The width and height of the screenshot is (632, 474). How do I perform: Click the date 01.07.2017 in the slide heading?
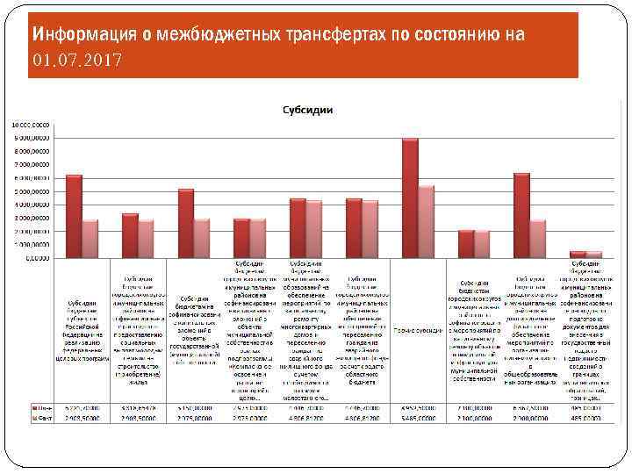[x=78, y=61]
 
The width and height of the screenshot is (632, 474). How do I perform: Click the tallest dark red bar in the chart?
[x=410, y=198]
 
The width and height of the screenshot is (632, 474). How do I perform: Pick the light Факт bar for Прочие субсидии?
[x=427, y=221]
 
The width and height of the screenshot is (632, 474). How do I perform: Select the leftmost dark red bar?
[x=74, y=216]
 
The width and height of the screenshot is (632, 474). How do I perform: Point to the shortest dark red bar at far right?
[x=577, y=255]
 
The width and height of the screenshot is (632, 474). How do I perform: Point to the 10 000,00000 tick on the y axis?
[x=31, y=125]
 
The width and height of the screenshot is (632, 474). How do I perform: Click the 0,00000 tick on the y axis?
[x=36, y=258]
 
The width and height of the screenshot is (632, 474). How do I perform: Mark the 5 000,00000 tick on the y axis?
[x=33, y=191]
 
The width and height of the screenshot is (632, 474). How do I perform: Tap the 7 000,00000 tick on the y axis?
[x=33, y=164]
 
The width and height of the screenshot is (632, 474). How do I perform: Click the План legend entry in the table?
[x=42, y=409]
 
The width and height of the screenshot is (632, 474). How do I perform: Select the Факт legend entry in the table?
[x=42, y=419]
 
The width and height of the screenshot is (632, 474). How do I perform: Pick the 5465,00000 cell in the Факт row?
[x=418, y=419]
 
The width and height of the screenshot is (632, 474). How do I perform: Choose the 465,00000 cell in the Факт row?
[x=585, y=419]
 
